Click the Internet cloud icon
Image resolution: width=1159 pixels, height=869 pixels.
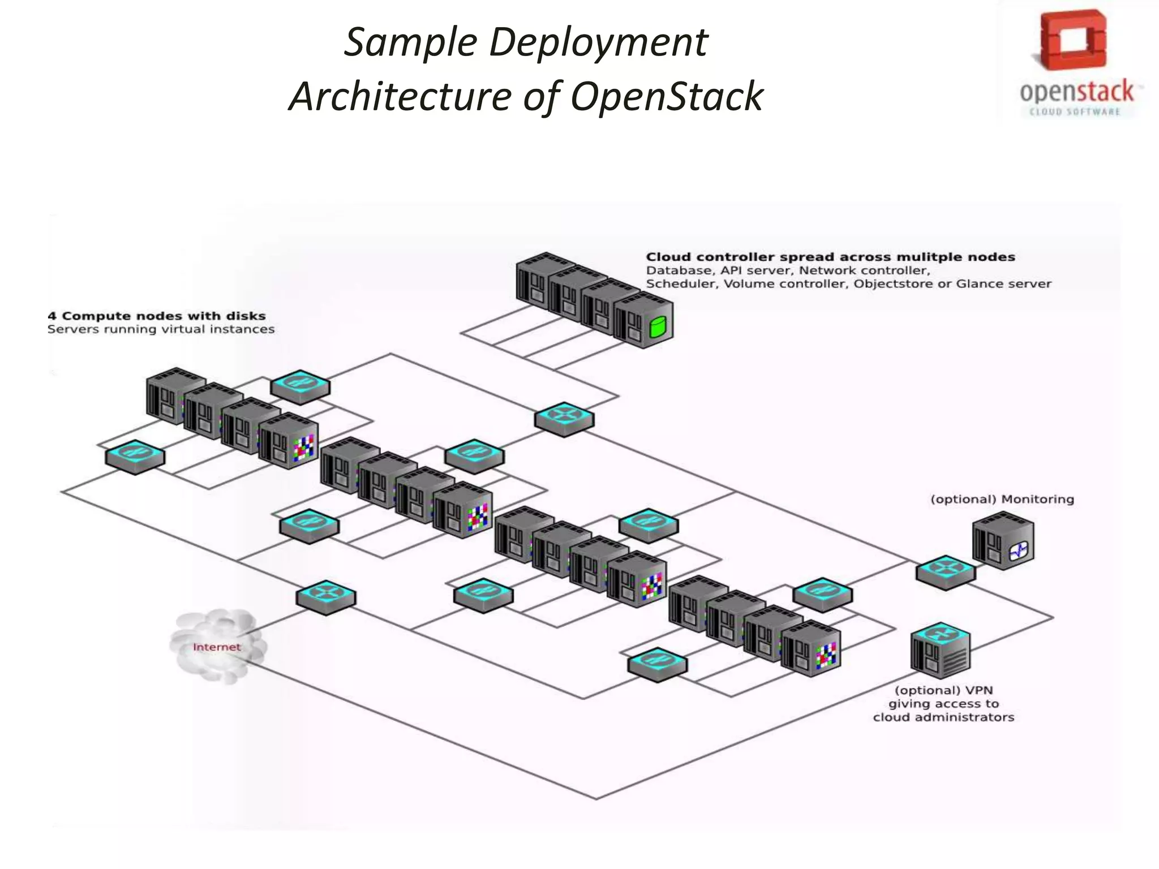coord(217,647)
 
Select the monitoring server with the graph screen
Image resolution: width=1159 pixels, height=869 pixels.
coord(1003,541)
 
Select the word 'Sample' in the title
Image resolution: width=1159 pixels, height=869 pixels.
coord(411,43)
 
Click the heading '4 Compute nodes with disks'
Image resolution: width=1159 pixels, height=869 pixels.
coord(157,316)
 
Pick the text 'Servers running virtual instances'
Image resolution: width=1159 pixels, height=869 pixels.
coord(161,329)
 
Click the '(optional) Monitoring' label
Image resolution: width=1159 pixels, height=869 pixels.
coord(1002,499)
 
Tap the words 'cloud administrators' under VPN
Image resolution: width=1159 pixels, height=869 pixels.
coord(943,717)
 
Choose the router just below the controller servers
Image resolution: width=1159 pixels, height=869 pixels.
coord(564,419)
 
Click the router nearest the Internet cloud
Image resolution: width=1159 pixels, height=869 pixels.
coord(326,597)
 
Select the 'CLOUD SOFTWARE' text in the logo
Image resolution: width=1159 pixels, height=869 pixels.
coord(1075,112)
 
